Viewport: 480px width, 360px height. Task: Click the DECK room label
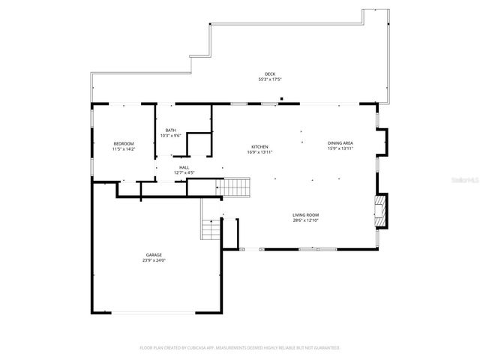click(x=270, y=74)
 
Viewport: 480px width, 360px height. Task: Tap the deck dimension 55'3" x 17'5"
click(x=270, y=79)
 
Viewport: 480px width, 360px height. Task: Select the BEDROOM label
click(x=124, y=143)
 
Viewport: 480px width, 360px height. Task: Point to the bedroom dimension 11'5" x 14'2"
click(x=124, y=148)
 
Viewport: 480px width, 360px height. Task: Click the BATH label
click(x=171, y=130)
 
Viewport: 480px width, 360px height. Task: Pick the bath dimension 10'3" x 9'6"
click(x=171, y=135)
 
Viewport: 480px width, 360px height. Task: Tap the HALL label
click(x=184, y=168)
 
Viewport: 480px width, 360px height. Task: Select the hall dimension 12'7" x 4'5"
click(x=184, y=173)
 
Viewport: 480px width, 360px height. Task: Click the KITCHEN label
click(x=259, y=147)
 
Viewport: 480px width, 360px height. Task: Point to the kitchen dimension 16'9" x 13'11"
click(x=259, y=152)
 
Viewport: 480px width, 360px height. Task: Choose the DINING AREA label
click(x=340, y=142)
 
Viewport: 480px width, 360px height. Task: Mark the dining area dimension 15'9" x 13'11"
click(x=340, y=148)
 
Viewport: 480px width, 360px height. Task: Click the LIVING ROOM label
click(x=306, y=215)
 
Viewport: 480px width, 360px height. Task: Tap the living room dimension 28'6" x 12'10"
click(x=306, y=220)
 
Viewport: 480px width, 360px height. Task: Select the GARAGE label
click(x=154, y=255)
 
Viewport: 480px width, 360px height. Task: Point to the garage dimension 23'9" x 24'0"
click(x=154, y=260)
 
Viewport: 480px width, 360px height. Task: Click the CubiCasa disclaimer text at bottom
click(x=240, y=348)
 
